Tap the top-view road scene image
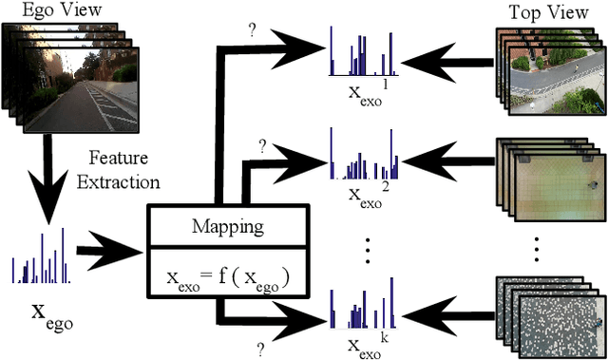547,66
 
